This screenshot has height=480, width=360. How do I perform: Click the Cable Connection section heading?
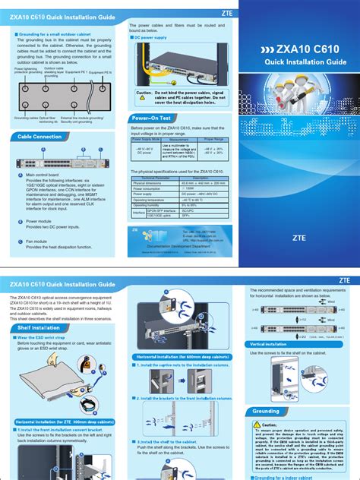[x=36, y=137]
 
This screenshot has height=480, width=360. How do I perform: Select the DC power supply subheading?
[x=154, y=36]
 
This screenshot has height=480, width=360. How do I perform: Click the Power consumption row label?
[x=147, y=188]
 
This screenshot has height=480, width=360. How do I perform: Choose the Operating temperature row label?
[x=149, y=199]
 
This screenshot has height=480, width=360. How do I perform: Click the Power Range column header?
[x=213, y=140]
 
